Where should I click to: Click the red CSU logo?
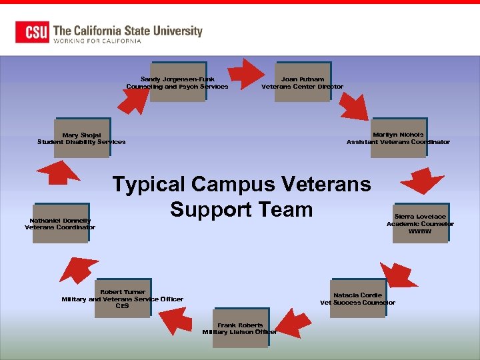click(33, 32)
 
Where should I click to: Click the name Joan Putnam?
click(303, 79)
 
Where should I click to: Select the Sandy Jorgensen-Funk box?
click(177, 83)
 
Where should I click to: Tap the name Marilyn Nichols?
click(398, 135)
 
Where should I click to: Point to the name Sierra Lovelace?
click(420, 217)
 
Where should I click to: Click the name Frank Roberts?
click(240, 325)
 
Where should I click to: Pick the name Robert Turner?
click(123, 292)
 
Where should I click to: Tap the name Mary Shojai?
click(81, 135)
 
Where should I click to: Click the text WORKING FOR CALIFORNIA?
click(97, 41)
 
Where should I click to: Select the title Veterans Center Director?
click(303, 87)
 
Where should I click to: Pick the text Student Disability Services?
click(81, 142)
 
